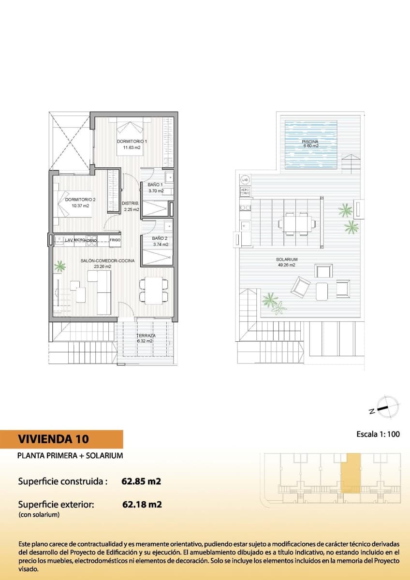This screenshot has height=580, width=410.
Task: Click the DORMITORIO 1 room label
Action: tap(132, 145)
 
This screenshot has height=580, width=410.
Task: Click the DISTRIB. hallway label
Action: tap(131, 206)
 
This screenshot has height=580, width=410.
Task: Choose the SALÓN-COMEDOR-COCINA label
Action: tap(107, 263)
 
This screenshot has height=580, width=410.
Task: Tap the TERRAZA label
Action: tap(145, 338)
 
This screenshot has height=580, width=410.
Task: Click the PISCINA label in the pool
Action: tap(310, 144)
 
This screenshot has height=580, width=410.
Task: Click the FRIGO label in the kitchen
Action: tap(115, 240)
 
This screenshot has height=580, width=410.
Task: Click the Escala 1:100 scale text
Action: tap(377, 434)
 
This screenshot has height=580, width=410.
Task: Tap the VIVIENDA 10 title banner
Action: tap(61, 439)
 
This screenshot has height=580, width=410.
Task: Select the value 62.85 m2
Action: tap(141, 481)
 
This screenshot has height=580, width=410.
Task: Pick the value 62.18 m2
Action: tap(142, 505)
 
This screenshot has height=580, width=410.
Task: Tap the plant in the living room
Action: tap(60, 265)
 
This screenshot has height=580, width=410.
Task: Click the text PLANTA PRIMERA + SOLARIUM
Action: tap(70, 455)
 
